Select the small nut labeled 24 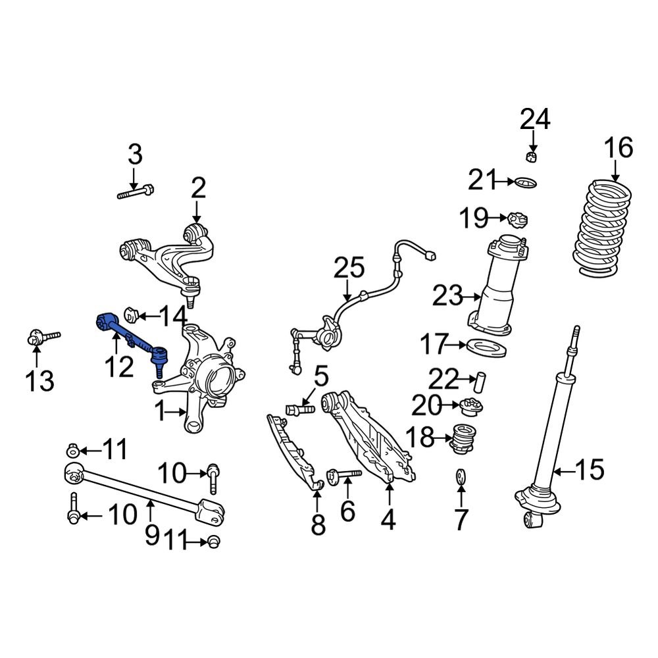click(533, 156)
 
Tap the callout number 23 click(448, 297)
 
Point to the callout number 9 click(151, 535)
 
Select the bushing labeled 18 click(465, 440)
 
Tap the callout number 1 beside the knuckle click(159, 413)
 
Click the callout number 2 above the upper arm click(198, 188)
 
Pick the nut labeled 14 click(131, 314)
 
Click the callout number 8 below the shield click(318, 524)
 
